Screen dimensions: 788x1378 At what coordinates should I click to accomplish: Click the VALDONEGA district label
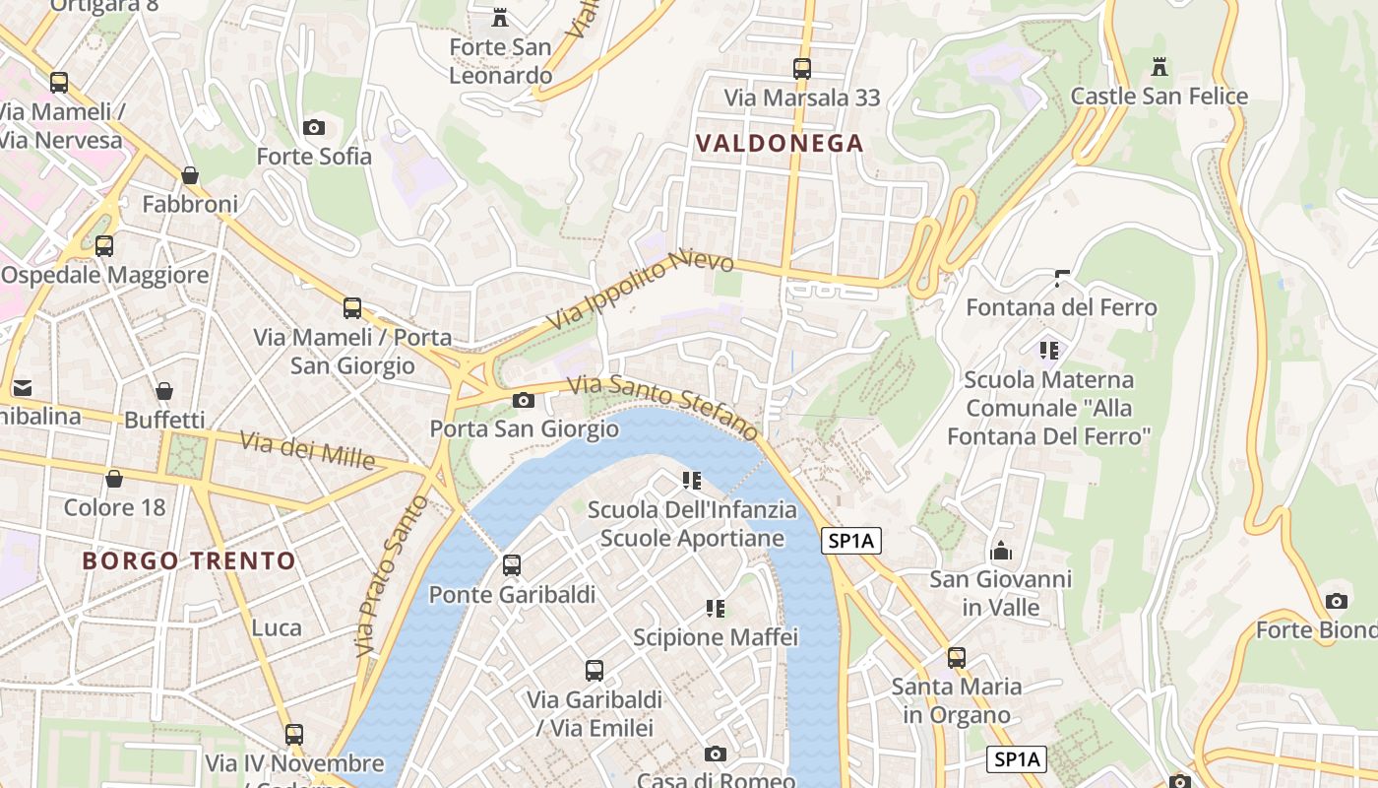(x=780, y=144)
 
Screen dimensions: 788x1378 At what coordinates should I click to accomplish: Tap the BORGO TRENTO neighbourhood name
(x=189, y=561)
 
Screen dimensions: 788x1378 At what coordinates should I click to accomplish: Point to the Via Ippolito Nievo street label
(x=641, y=291)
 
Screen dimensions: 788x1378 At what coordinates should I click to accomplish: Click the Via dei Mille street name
(x=308, y=450)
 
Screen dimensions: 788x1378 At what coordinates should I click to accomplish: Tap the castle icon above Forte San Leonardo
(x=500, y=17)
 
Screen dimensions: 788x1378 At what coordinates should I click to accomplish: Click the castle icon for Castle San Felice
(x=1159, y=67)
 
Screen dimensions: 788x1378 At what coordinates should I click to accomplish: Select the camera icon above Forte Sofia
(x=314, y=127)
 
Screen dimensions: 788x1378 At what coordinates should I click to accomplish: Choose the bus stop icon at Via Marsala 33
(x=802, y=69)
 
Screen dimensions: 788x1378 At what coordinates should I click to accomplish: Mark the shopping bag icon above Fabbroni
(x=190, y=175)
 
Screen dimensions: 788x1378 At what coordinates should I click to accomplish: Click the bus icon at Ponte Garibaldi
(x=512, y=565)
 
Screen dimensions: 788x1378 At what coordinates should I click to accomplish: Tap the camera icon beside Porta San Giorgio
(x=524, y=400)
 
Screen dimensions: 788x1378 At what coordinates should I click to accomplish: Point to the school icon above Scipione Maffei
(x=716, y=609)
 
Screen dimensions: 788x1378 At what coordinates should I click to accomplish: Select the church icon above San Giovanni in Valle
(x=1001, y=550)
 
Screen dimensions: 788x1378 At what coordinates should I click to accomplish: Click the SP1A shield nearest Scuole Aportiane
(x=851, y=541)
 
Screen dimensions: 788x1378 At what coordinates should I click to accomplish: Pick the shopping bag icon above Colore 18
(x=114, y=479)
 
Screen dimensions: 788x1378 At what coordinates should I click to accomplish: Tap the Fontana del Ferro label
(x=1061, y=307)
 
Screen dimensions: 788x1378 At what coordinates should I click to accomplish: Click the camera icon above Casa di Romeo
(x=716, y=754)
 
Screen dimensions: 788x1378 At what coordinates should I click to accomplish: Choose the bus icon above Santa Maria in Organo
(x=957, y=657)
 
